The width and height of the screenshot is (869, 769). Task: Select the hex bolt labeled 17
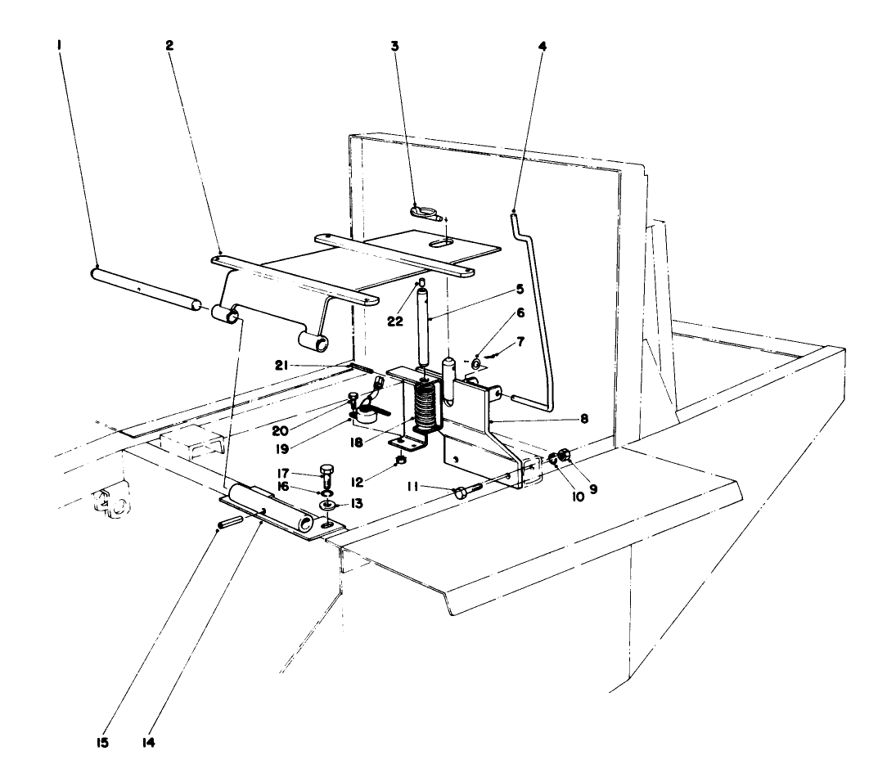point(326,474)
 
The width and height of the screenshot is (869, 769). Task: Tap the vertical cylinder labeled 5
point(423,327)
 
